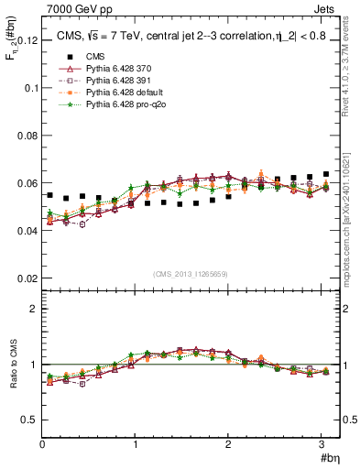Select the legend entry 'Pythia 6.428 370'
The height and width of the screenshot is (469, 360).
click(125, 69)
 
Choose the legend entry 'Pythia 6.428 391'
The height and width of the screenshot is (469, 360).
click(125, 81)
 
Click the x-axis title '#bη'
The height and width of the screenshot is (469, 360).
click(329, 457)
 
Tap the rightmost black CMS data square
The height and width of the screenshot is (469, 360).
click(326, 174)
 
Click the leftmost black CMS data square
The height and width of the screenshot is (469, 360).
click(49, 195)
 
